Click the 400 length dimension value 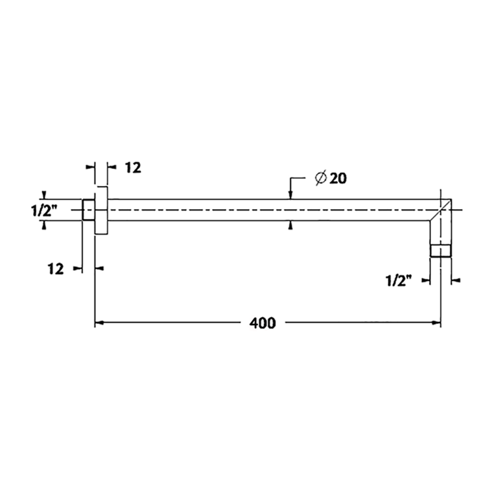(262, 323)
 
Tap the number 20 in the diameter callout (337, 179)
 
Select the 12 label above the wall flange (133, 168)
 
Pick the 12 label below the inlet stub (56, 268)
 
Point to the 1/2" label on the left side (44, 210)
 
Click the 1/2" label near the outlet (399, 280)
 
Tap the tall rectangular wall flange (101, 210)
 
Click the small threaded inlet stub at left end (88, 210)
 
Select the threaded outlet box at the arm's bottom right (440, 250)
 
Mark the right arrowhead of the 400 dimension (436, 323)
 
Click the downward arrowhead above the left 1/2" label (44, 195)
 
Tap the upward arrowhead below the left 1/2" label (44, 225)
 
